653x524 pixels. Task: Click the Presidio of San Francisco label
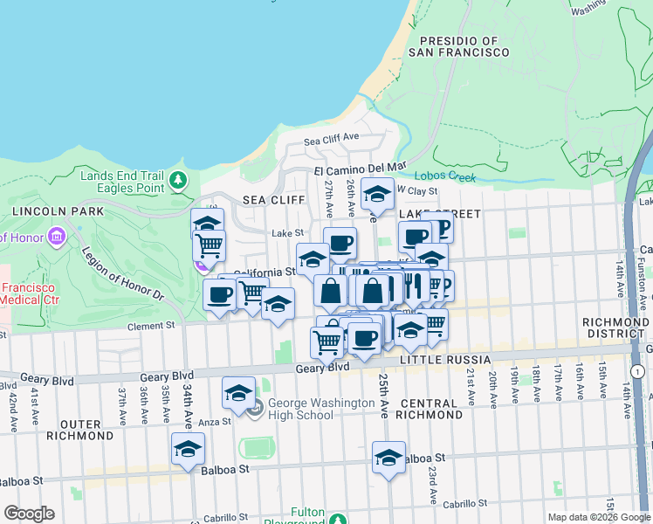pyautogui.click(x=464, y=46)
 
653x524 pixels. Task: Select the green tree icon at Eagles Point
pyautogui.click(x=178, y=181)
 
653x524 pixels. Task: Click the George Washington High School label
pyautogui.click(x=301, y=409)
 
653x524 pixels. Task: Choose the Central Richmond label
pyautogui.click(x=429, y=409)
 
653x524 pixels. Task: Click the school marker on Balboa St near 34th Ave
pyautogui.click(x=188, y=449)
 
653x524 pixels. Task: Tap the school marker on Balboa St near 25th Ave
pyautogui.click(x=388, y=456)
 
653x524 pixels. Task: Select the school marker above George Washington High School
pyautogui.click(x=238, y=393)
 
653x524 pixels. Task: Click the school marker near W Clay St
pyautogui.click(x=377, y=194)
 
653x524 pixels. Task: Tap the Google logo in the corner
pyautogui.click(x=29, y=514)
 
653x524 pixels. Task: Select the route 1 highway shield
pyautogui.click(x=639, y=372)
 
